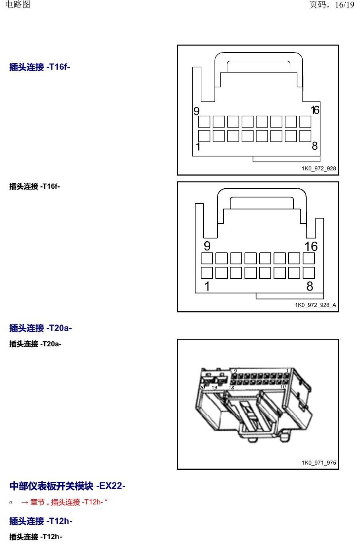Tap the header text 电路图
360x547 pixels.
pos(18,4)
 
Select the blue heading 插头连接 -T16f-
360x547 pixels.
pos(39,67)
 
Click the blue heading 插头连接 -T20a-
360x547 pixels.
pos(41,328)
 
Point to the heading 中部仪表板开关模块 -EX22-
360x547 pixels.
pos(67,486)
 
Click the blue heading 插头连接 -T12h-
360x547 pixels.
pos(41,521)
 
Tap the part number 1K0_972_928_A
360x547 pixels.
pos(315,305)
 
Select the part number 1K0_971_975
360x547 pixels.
pos(319,463)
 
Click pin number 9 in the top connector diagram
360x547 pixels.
pos(196,111)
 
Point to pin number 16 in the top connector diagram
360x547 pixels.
pos(315,110)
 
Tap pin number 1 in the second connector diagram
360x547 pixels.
pos(207,286)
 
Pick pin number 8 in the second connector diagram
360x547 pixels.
pos(310,286)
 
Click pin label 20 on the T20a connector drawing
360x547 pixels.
pos(202,387)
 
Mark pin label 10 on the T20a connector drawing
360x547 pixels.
pos(283,387)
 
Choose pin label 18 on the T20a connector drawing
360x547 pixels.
pos(231,387)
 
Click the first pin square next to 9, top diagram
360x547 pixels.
pos(204,121)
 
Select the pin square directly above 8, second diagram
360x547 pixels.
pos(309,273)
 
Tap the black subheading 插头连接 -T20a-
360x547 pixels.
pos(35,344)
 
